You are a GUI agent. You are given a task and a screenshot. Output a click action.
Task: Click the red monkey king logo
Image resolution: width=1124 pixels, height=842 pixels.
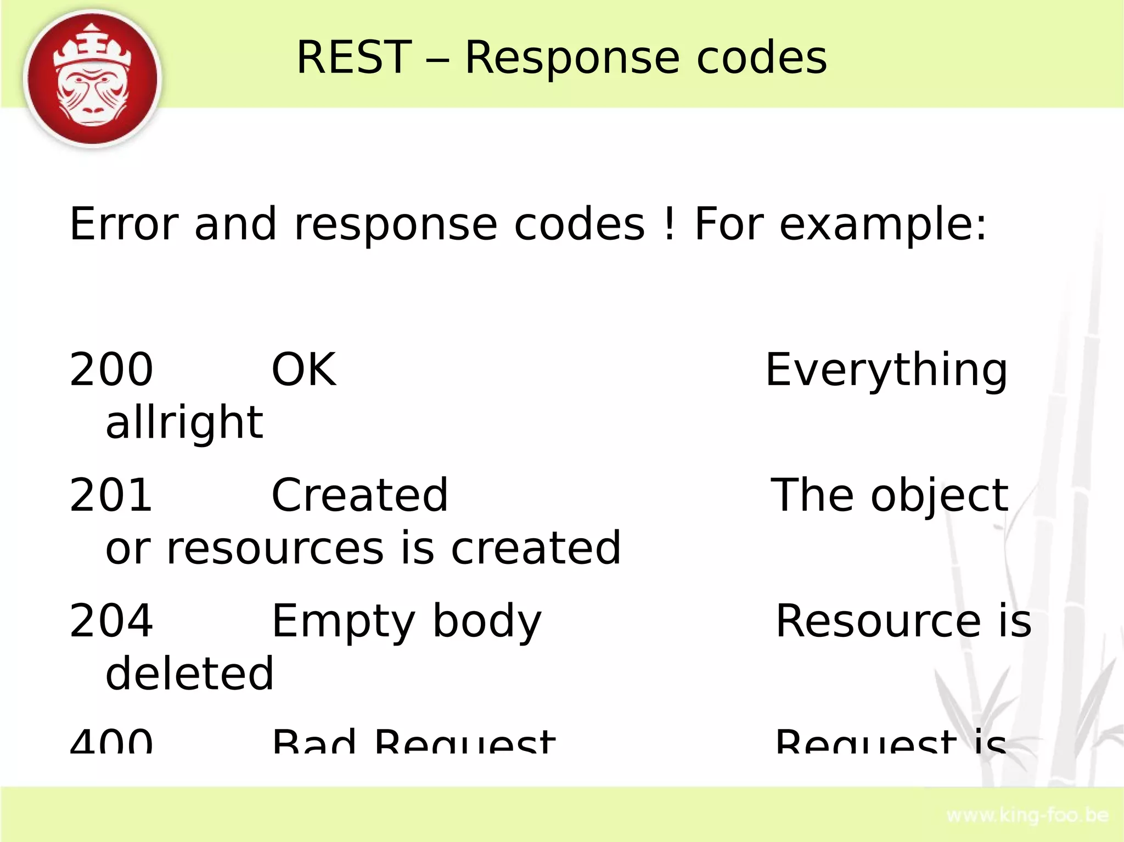pos(92,79)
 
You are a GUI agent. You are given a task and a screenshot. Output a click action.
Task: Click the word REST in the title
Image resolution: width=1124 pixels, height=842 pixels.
pos(354,58)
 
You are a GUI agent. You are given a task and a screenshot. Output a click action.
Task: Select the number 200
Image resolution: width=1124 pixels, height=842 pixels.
pos(111,370)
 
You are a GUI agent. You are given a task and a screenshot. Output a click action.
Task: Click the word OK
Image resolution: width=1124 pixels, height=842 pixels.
pos(304,370)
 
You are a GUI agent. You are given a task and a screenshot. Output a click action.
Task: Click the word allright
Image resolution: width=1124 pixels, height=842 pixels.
pos(184,423)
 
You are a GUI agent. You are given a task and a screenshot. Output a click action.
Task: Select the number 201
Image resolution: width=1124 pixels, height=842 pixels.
pos(111,495)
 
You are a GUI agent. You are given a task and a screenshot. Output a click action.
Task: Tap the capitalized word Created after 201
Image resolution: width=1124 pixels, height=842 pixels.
pos(359,495)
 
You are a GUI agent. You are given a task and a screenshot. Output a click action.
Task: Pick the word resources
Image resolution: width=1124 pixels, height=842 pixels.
pos(275,548)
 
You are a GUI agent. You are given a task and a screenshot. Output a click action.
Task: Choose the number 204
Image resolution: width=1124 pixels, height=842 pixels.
pos(111,621)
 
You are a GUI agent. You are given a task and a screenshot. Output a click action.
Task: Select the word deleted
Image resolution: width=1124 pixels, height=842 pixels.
pos(189,673)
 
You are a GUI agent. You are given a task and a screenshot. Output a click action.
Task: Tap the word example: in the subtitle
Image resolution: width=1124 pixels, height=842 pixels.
pos(883,225)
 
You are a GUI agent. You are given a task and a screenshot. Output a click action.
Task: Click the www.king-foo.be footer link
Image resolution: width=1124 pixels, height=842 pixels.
pos(1027,816)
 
